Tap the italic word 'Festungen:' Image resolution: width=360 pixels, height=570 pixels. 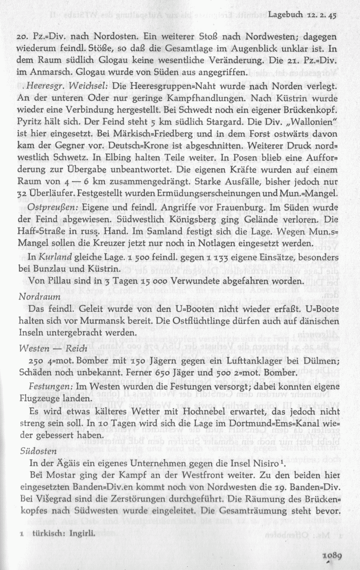[x=48, y=386]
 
